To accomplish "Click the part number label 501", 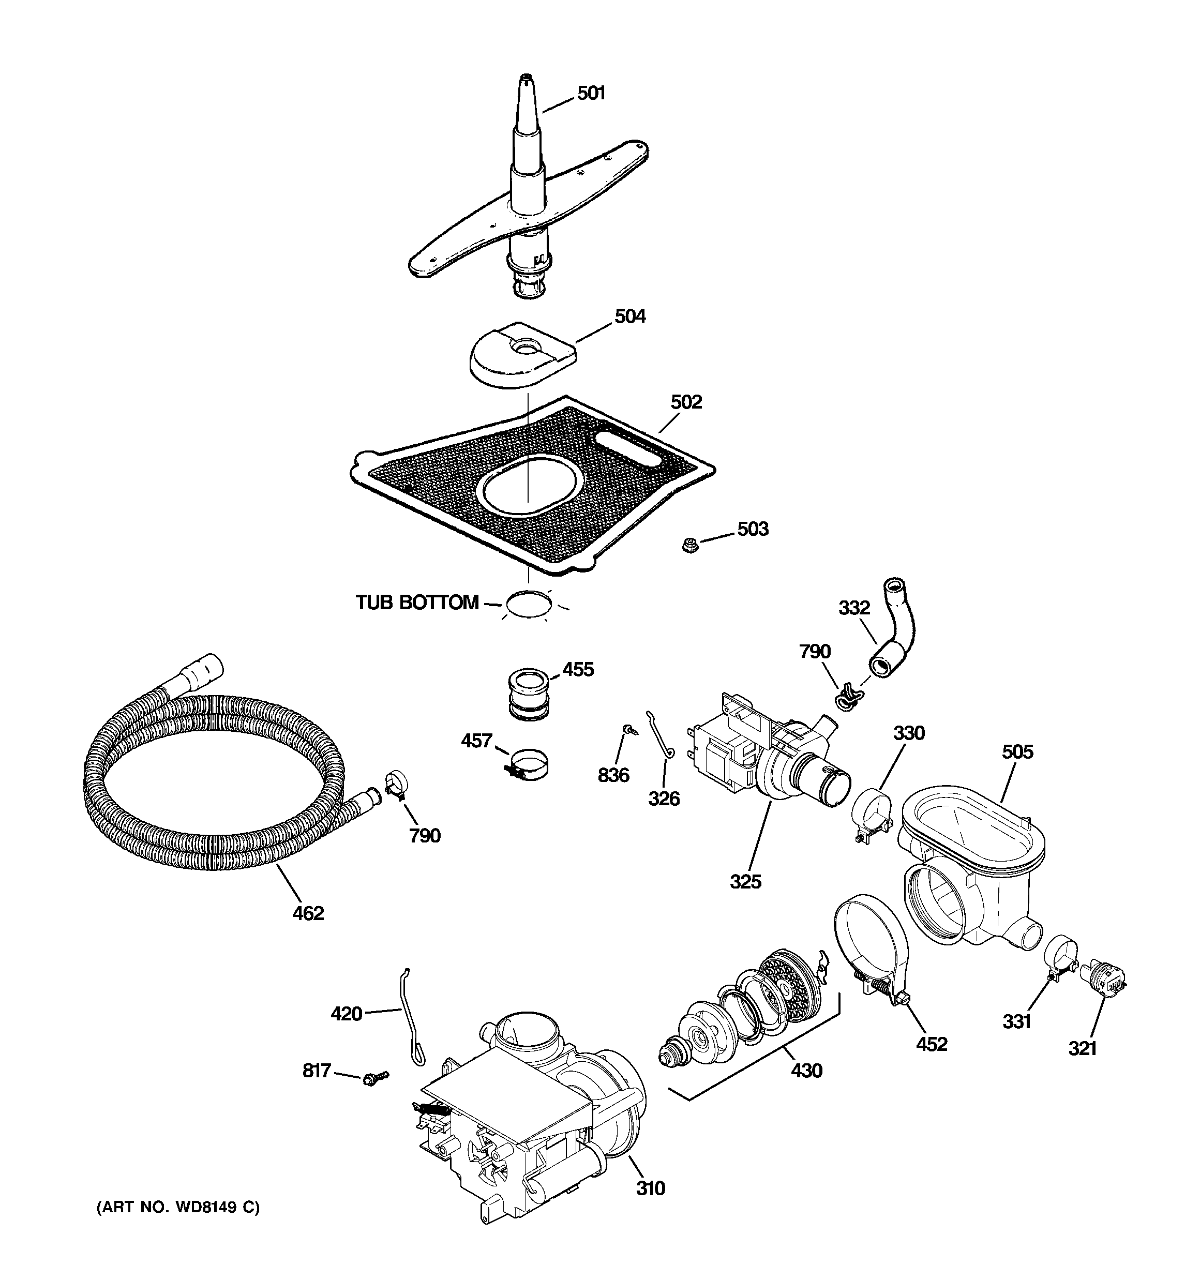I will click(591, 94).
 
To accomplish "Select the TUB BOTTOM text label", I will click(417, 603).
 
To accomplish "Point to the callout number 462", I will click(308, 913).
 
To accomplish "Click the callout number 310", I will click(650, 1188).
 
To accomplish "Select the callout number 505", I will click(1017, 751).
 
